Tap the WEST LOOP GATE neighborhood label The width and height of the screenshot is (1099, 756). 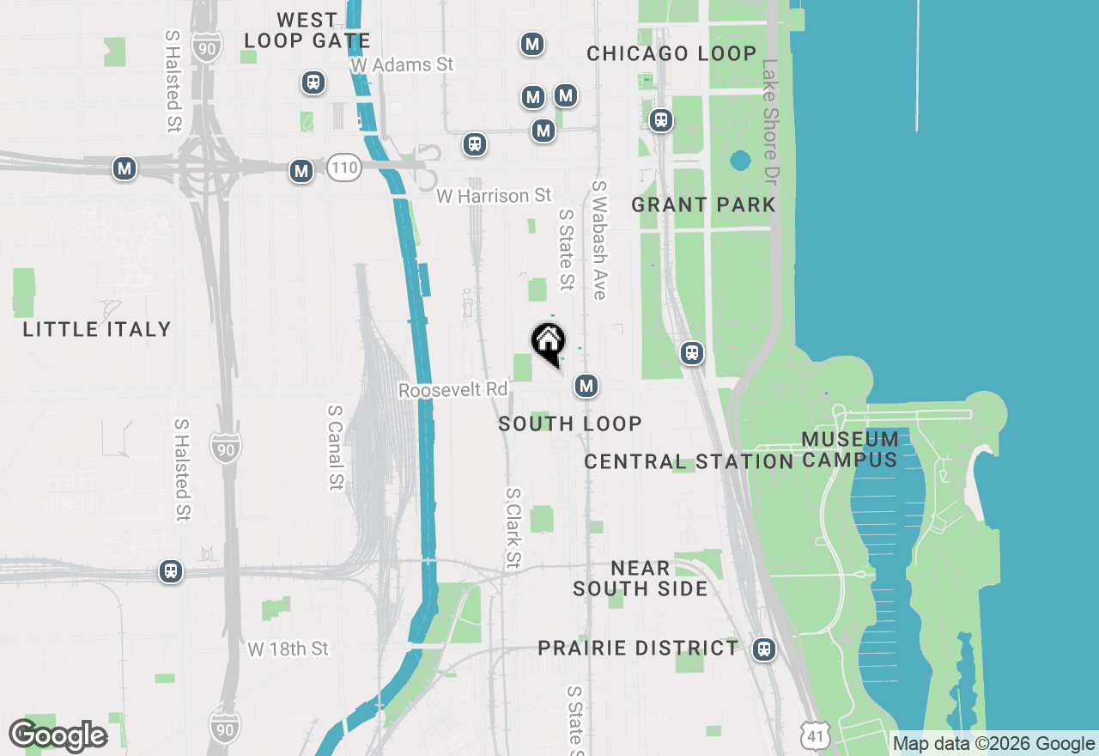[307, 30]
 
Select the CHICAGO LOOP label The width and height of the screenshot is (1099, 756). [671, 53]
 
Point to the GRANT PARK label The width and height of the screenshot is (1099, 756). [703, 204]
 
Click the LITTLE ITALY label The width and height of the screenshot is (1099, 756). [97, 329]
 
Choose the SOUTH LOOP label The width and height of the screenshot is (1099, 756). [570, 424]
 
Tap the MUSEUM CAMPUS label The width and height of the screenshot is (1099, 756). [850, 449]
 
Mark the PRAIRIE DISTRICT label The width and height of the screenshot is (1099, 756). [638, 648]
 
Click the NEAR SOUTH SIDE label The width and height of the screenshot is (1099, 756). [641, 578]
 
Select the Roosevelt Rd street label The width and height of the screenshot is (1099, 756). [453, 390]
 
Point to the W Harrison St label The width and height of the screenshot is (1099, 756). [494, 196]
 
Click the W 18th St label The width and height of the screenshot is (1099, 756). [288, 649]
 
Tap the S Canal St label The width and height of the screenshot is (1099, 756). [335, 448]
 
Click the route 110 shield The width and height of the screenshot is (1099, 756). [343, 168]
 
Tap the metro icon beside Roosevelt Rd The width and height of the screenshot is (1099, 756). [586, 387]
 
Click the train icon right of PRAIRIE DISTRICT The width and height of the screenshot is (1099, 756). [764, 649]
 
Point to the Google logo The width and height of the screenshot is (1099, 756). [58, 736]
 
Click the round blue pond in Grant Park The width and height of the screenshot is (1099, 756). [739, 160]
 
